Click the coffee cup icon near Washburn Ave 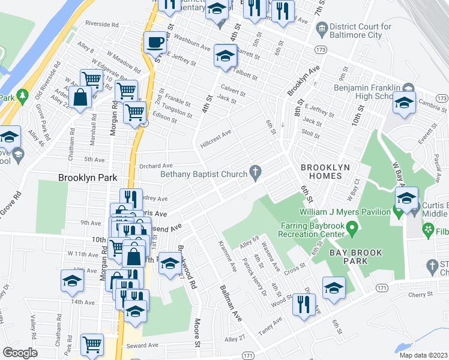coord(155,43)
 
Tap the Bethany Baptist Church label coord(203,175)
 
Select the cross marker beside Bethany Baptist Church coord(256,173)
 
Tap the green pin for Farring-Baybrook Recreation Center coord(354,227)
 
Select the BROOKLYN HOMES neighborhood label coord(321,172)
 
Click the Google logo coord(20,353)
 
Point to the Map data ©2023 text coord(423,355)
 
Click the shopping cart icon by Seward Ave coord(92,344)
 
